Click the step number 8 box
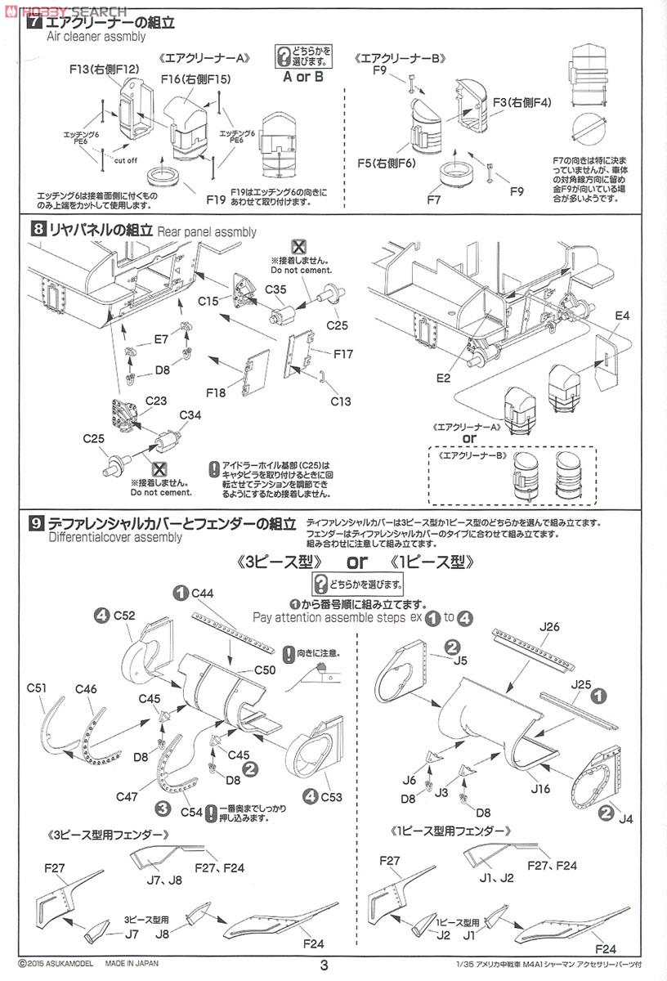[37, 230]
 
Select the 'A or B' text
[302, 77]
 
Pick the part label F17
[343, 354]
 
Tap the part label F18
[216, 393]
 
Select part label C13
[340, 401]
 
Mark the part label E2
[444, 378]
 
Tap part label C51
[35, 688]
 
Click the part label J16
[540, 790]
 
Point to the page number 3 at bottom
[325, 965]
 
